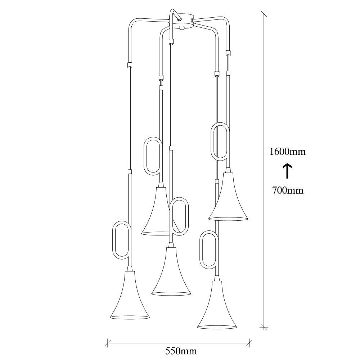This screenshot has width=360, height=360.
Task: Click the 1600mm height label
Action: point(288,152)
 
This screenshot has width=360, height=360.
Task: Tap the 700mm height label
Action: point(287,190)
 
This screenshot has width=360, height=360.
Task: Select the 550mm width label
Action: point(179,350)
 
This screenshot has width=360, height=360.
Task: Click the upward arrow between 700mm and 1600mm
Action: point(287,171)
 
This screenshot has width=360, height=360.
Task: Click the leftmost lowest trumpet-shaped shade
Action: point(130,297)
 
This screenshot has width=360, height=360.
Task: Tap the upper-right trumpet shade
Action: point(228,198)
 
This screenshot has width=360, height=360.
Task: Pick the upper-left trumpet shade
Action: point(156,212)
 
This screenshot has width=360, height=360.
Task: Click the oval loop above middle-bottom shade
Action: point(179,216)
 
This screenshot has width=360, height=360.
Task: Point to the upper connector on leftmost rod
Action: point(130,65)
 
